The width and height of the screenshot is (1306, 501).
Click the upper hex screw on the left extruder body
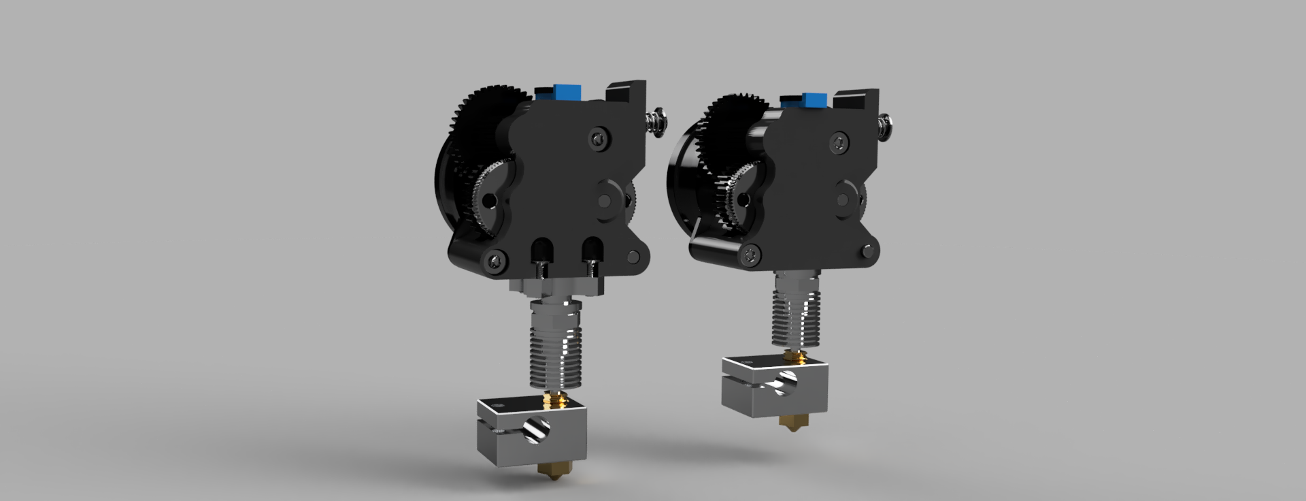pyautogui.click(x=597, y=138)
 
